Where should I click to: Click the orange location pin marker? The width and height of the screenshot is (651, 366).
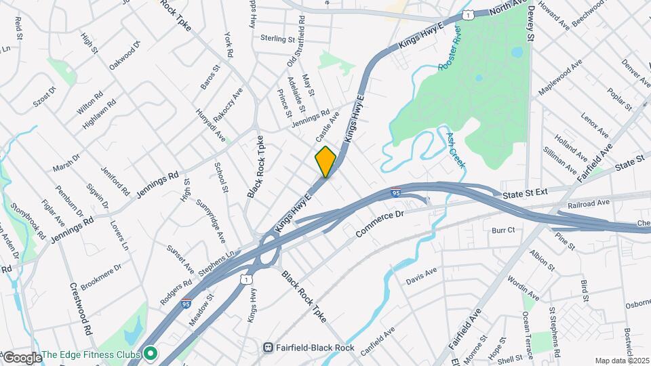click(326, 162)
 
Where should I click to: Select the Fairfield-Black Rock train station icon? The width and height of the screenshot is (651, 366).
click(269, 348)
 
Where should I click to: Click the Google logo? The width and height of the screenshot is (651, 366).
click(22, 357)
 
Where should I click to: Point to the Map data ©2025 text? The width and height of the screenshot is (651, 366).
click(621, 361)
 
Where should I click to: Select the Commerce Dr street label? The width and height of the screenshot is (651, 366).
click(380, 223)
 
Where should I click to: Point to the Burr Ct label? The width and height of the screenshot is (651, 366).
click(504, 230)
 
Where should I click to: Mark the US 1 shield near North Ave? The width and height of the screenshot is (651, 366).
click(467, 14)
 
